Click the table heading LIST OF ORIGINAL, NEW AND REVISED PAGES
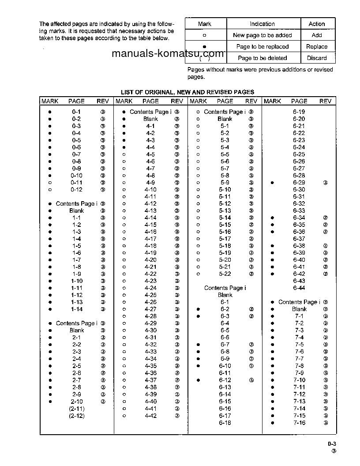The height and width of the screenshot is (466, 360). (187, 92)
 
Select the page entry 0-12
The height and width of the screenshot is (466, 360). (76, 189)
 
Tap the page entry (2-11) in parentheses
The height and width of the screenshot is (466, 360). (76, 409)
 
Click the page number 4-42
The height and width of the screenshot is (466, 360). (150, 416)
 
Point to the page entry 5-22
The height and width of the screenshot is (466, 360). (225, 274)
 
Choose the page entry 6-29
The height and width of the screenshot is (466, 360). (299, 182)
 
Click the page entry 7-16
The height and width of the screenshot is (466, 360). (299, 423)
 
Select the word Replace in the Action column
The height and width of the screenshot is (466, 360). (317, 46)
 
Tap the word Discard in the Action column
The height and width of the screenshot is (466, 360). (317, 58)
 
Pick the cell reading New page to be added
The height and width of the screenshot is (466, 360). (262, 35)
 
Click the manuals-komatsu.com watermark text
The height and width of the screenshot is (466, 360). (168, 54)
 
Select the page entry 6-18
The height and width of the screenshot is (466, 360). (225, 423)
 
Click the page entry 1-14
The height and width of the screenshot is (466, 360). (76, 309)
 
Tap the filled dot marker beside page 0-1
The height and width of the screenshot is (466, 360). (50, 112)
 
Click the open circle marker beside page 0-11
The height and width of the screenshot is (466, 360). (50, 182)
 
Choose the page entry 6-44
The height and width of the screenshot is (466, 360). (299, 288)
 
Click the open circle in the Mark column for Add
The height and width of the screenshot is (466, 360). (204, 35)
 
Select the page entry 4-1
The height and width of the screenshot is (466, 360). (150, 126)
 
